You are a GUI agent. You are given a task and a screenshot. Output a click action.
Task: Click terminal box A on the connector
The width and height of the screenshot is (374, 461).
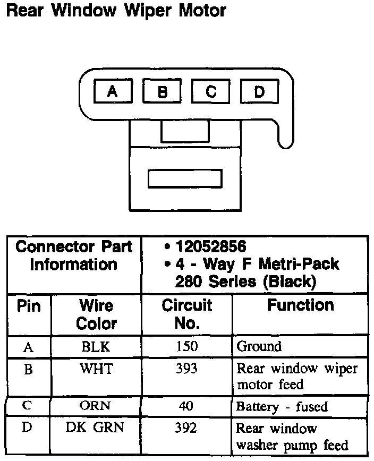pos(113,92)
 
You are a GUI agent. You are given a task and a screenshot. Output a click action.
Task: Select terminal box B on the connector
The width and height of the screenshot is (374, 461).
pos(163,92)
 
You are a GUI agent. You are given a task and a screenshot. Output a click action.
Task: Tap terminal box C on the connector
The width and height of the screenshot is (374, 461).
pos(211,92)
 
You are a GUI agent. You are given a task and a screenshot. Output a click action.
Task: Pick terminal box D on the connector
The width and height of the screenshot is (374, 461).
pos(259,92)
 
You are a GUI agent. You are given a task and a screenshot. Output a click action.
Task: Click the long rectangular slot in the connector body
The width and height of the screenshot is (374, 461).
pos(184,179)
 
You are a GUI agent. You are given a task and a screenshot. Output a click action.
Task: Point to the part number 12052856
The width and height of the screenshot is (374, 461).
pos(211,247)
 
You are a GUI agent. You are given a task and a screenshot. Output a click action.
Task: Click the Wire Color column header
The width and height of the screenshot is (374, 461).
pos(96,314)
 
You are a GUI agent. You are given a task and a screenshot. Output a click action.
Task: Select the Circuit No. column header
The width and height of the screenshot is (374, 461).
pos(186,314)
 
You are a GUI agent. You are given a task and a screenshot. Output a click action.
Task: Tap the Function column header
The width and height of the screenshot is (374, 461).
pos(300,305)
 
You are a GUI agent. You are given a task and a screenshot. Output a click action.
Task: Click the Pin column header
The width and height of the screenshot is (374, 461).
pos(29,306)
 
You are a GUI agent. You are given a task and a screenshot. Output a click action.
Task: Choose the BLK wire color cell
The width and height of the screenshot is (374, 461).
pos(96,347)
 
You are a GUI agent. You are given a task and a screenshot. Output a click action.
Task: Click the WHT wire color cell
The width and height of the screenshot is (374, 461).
pos(96,369)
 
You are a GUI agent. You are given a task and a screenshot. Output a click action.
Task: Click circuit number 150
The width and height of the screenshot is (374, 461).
pos(186,347)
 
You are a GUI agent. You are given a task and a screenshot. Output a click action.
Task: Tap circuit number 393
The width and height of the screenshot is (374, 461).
pos(186,369)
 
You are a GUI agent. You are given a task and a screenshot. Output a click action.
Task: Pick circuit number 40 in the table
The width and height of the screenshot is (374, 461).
pos(186,407)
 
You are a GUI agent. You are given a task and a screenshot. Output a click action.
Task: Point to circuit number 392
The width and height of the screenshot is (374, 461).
pos(186,428)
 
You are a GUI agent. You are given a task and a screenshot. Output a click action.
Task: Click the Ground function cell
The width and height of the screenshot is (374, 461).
pos(259,347)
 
